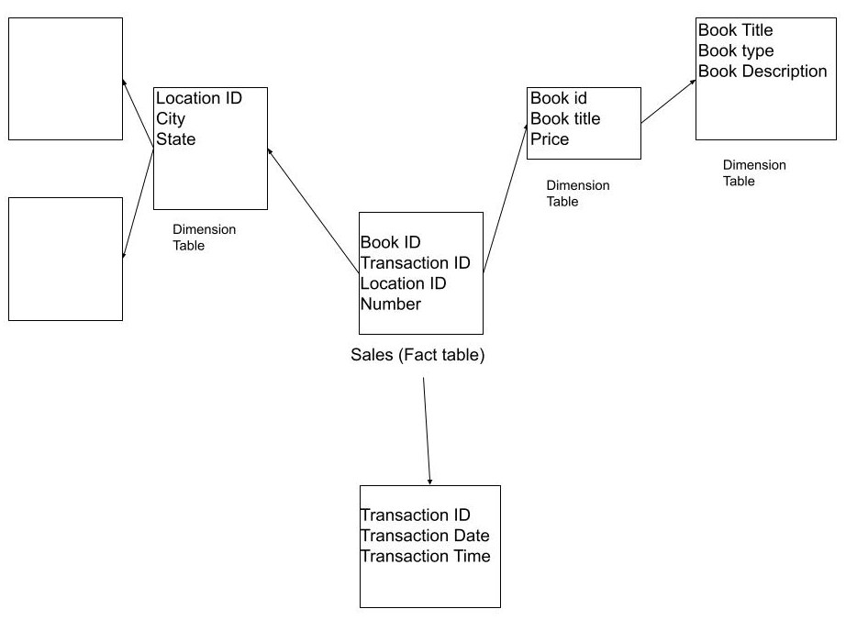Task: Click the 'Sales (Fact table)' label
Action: [417, 355]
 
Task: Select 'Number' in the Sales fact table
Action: [390, 304]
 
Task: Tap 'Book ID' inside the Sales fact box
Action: [390, 242]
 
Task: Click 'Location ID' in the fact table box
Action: [403, 283]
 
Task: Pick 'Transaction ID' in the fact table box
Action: [415, 263]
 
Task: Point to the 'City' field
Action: [171, 118]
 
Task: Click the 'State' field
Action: [175, 138]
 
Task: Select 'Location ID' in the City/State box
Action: [199, 98]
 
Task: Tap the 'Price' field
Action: [550, 138]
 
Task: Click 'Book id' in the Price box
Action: [559, 98]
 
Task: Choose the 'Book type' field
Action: [736, 50]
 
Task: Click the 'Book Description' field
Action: [763, 71]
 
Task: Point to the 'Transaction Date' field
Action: [424, 536]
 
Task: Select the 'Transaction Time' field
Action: [425, 556]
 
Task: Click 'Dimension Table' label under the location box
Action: [204, 238]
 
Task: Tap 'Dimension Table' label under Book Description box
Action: [754, 173]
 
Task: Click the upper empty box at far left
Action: [65, 79]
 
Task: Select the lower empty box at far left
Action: [65, 259]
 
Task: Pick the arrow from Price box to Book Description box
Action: [668, 101]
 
